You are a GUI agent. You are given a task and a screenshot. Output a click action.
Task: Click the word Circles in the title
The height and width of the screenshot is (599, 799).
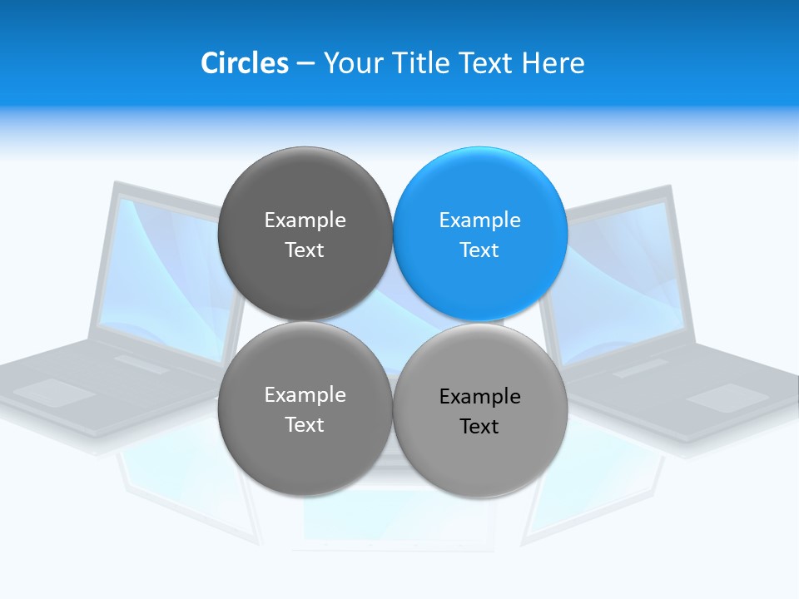244,63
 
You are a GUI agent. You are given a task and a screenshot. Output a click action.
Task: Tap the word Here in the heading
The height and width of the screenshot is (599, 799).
553,63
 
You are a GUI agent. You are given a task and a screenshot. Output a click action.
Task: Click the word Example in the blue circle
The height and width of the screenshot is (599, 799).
479,220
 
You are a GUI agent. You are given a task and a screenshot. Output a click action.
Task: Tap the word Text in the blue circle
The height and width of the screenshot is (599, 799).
479,250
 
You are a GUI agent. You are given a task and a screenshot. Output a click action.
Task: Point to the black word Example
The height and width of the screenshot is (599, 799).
479,397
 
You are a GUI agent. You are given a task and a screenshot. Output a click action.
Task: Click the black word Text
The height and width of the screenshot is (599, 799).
479,427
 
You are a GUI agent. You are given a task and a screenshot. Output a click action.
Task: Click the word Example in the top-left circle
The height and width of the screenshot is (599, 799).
305,220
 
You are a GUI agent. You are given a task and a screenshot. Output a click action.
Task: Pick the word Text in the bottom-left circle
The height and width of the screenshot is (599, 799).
305,425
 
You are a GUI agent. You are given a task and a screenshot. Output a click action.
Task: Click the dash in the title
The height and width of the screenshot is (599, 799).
305,63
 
